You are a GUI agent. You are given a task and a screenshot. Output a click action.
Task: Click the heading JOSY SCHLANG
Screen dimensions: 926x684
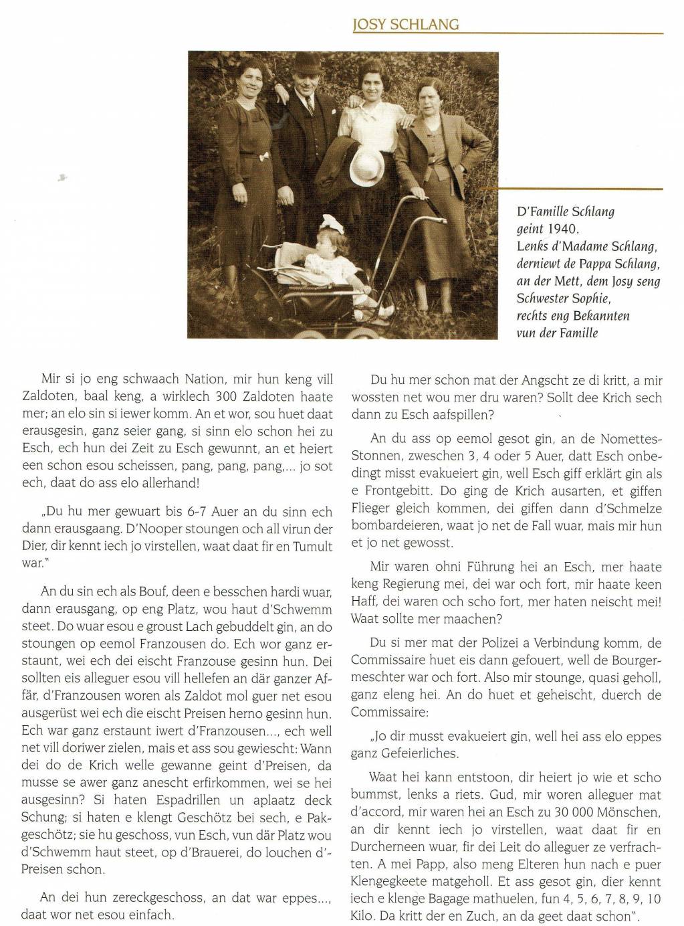tap(407, 25)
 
